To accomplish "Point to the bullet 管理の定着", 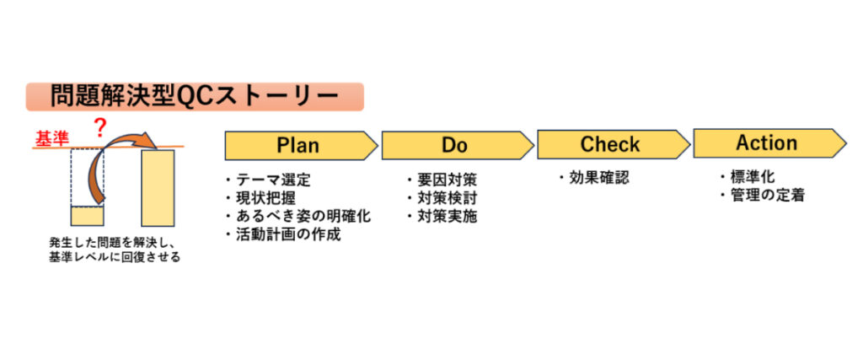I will [761, 196].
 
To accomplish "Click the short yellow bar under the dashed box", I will [87, 216].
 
